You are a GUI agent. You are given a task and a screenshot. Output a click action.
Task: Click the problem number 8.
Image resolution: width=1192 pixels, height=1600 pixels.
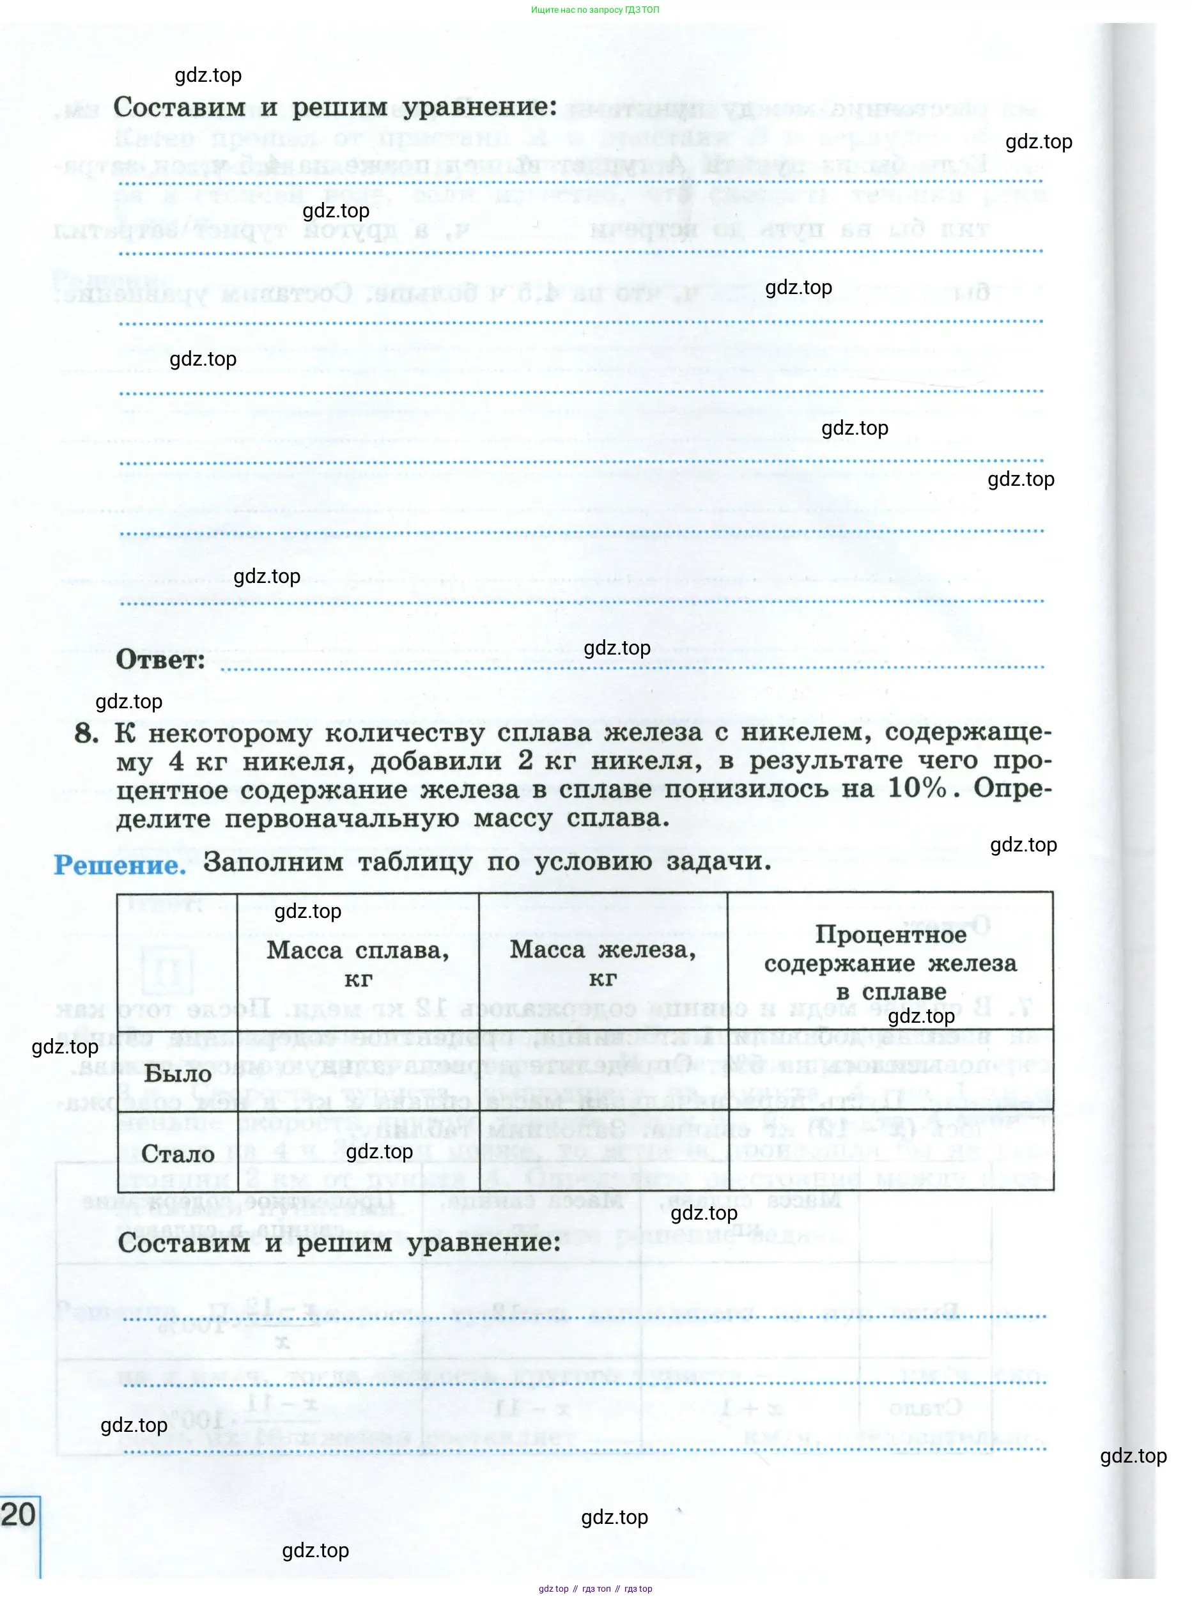(86, 734)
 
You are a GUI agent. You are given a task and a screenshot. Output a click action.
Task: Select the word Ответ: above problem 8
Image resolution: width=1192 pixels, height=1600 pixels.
(160, 660)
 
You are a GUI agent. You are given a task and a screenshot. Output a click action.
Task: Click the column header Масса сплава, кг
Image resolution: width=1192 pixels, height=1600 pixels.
(358, 963)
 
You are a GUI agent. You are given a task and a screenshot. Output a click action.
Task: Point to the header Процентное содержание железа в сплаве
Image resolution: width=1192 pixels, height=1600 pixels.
(890, 963)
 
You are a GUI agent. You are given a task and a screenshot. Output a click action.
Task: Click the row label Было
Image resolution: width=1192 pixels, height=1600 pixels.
(178, 1073)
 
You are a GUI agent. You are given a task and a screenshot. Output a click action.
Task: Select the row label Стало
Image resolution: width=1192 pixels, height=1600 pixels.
(178, 1153)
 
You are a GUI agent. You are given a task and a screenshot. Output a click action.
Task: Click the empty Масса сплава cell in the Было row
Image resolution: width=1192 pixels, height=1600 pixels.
(358, 1069)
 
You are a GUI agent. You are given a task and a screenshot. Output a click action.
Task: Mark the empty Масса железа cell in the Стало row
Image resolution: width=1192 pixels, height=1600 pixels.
(603, 1150)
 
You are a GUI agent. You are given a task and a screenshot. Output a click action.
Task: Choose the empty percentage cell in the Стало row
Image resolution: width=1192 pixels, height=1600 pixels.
(890, 1150)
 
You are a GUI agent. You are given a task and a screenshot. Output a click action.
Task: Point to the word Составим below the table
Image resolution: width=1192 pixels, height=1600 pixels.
(184, 1242)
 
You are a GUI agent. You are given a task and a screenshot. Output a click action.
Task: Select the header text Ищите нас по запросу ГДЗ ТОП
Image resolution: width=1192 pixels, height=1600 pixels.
(595, 10)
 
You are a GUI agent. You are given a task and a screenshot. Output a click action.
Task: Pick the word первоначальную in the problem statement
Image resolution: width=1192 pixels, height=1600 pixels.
(341, 818)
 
